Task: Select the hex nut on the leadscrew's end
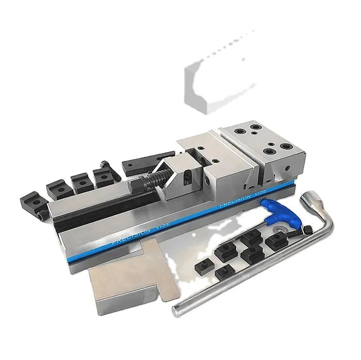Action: tap(138, 185)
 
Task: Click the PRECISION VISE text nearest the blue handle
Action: tap(243, 197)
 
